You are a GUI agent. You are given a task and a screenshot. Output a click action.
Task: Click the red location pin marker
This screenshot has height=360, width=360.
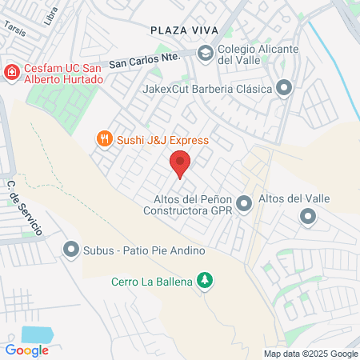180,164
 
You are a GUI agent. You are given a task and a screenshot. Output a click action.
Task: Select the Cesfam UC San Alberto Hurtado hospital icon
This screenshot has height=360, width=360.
13,73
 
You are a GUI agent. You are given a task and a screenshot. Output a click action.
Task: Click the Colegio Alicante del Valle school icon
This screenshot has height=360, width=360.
205,53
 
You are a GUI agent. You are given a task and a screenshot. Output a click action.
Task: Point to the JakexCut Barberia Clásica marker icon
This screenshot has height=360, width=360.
284,90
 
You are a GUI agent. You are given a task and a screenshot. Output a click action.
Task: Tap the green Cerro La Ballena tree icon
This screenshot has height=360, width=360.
206,280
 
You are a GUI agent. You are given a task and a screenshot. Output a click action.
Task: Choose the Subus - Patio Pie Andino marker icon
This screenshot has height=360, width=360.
70,250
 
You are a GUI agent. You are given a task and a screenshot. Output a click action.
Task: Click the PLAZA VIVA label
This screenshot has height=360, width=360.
184,30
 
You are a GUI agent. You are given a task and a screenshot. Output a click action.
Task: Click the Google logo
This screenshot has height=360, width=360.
26,350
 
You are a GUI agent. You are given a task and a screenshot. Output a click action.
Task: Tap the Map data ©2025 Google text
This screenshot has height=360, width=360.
311,354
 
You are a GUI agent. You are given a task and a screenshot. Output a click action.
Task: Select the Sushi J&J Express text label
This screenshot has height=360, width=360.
163,140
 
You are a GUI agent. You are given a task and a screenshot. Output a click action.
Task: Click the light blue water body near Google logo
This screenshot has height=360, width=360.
36,334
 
